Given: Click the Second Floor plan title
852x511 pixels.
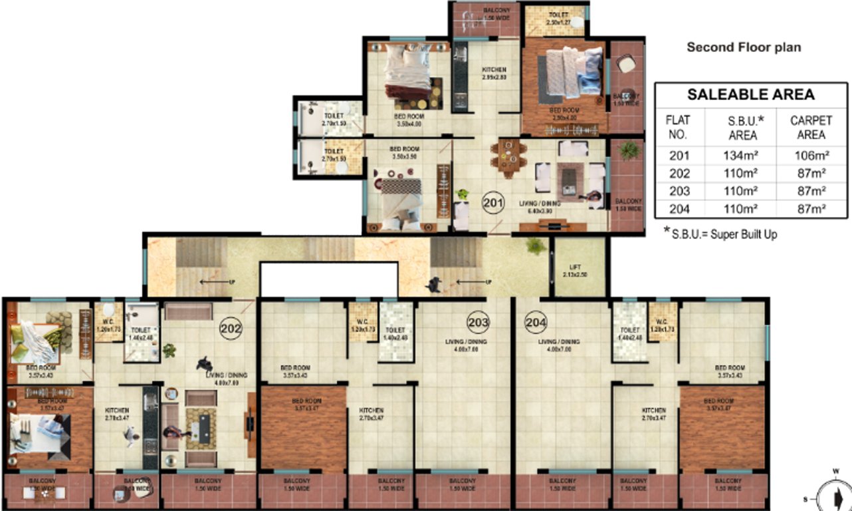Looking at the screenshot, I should (x=744, y=47).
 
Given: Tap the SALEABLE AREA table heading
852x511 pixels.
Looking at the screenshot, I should (x=750, y=94).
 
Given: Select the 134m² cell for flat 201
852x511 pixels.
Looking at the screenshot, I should (x=742, y=156).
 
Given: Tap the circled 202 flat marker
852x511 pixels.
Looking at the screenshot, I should (x=231, y=328).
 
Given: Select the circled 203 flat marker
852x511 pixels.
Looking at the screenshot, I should (x=479, y=323).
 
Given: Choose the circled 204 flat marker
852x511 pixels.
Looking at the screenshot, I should (x=536, y=323).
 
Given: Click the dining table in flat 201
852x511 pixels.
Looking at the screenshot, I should (x=509, y=157).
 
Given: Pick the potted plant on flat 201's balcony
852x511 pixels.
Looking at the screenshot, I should (x=627, y=151).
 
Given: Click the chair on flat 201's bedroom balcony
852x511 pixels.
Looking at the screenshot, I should (x=626, y=64).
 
